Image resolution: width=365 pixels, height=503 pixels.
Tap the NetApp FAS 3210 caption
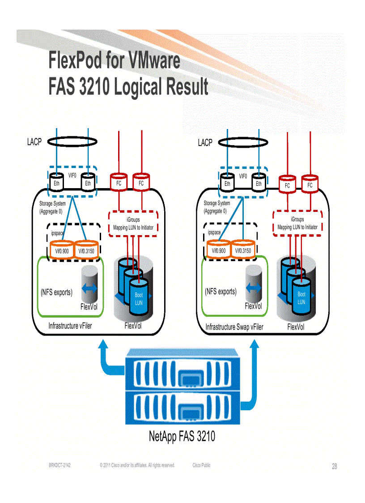[x=182, y=436]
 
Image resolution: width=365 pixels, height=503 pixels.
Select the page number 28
[x=334, y=467]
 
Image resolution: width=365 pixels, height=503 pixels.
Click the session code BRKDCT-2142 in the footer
[x=59, y=466]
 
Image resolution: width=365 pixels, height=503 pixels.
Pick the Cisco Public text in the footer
[x=201, y=465]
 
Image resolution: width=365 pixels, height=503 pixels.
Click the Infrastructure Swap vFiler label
[x=234, y=327]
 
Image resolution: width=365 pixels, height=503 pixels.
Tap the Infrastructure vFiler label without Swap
[x=70, y=326]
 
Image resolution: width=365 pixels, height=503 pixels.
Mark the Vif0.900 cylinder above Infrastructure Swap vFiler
[x=219, y=250]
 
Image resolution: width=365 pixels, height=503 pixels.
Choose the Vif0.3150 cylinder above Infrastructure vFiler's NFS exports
[x=85, y=250]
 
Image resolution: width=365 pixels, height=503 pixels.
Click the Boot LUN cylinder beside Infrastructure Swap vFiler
[x=301, y=297]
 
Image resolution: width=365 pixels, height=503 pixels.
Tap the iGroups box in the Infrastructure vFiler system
[x=133, y=224]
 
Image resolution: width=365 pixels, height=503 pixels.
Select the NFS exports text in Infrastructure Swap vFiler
[x=221, y=292]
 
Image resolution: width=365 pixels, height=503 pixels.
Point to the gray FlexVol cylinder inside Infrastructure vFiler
[x=89, y=284]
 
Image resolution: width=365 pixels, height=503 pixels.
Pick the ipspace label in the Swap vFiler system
[x=214, y=232]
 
